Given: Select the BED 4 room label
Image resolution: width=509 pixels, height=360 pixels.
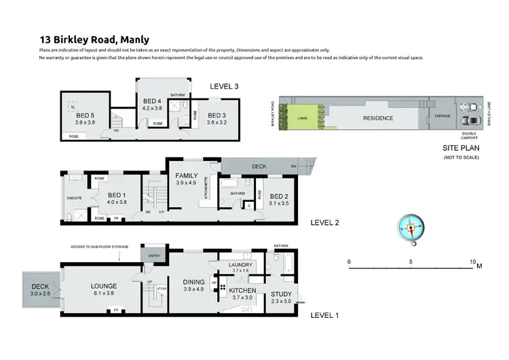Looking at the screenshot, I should tap(151, 101).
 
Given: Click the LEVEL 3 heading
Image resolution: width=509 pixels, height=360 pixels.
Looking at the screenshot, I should tap(224, 86).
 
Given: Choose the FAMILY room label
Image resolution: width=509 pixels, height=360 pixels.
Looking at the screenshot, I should tap(186, 175).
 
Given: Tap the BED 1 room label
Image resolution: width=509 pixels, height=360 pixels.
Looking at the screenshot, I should tap(117, 194).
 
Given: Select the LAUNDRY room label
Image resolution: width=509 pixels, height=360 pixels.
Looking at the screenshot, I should tap(241, 265).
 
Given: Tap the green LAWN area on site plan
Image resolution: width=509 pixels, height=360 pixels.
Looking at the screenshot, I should tap(302, 118).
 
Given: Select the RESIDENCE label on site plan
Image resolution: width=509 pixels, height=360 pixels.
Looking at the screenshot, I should tap(378, 118).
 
